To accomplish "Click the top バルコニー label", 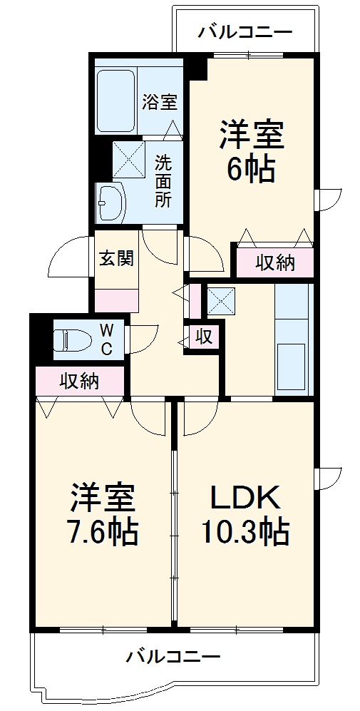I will [245, 31].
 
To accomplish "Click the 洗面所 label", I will [163, 181].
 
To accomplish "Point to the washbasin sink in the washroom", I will [110, 203].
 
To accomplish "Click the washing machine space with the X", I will [128, 159].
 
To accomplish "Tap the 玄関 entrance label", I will [116, 258].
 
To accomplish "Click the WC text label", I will [106, 339].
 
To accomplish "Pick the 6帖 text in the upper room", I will [251, 169].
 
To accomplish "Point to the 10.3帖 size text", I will [245, 531].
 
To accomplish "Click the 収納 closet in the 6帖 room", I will [274, 262].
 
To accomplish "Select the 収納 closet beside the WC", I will [78, 382].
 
